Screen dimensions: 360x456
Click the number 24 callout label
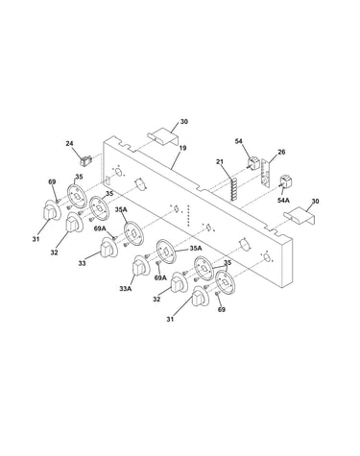(x=69, y=143)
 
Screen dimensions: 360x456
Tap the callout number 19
(x=183, y=148)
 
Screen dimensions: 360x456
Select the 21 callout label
(x=220, y=162)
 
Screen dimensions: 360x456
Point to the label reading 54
(x=239, y=141)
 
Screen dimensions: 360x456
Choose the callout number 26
(x=281, y=152)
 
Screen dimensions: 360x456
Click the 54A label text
(x=284, y=200)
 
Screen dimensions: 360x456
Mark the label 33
(x=82, y=263)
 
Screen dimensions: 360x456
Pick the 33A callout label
(x=125, y=289)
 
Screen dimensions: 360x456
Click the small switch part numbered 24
(x=85, y=160)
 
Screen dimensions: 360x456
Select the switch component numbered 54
(x=253, y=163)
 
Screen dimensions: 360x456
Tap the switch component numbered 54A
(x=285, y=181)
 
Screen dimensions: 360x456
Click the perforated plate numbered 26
(x=266, y=174)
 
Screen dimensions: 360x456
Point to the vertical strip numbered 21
(x=234, y=189)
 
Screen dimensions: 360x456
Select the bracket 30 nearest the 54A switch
(x=300, y=215)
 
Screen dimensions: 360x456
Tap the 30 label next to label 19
(x=183, y=121)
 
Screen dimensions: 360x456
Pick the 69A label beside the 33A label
(x=160, y=277)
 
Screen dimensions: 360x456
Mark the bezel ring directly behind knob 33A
(x=166, y=252)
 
